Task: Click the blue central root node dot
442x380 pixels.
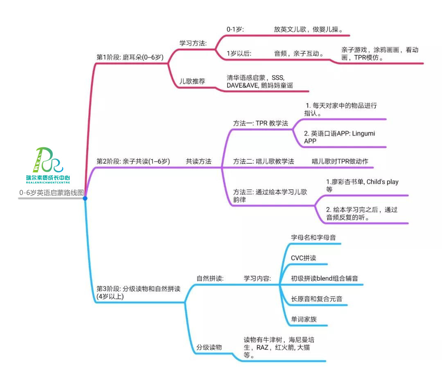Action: click(x=85, y=198)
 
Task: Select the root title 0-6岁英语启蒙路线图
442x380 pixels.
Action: click(x=51, y=193)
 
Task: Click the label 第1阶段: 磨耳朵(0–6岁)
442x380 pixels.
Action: click(x=130, y=57)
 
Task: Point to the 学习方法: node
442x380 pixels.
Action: click(x=193, y=43)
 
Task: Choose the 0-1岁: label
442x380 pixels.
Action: click(x=235, y=29)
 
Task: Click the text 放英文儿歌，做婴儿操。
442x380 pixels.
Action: click(x=308, y=29)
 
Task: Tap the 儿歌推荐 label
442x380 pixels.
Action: click(x=192, y=81)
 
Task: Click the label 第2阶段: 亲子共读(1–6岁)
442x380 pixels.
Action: click(x=133, y=162)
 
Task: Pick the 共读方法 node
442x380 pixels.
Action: click(x=198, y=162)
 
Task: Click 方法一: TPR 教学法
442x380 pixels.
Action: click(x=261, y=123)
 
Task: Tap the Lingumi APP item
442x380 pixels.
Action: click(x=339, y=137)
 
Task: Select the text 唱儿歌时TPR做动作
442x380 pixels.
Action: click(x=340, y=161)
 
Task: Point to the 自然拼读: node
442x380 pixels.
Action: click(x=210, y=279)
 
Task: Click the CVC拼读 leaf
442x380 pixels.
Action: click(x=303, y=258)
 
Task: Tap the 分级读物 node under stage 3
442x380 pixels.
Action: click(x=209, y=347)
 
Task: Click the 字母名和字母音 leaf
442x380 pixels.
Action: click(x=314, y=237)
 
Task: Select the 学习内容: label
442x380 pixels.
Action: click(x=257, y=279)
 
